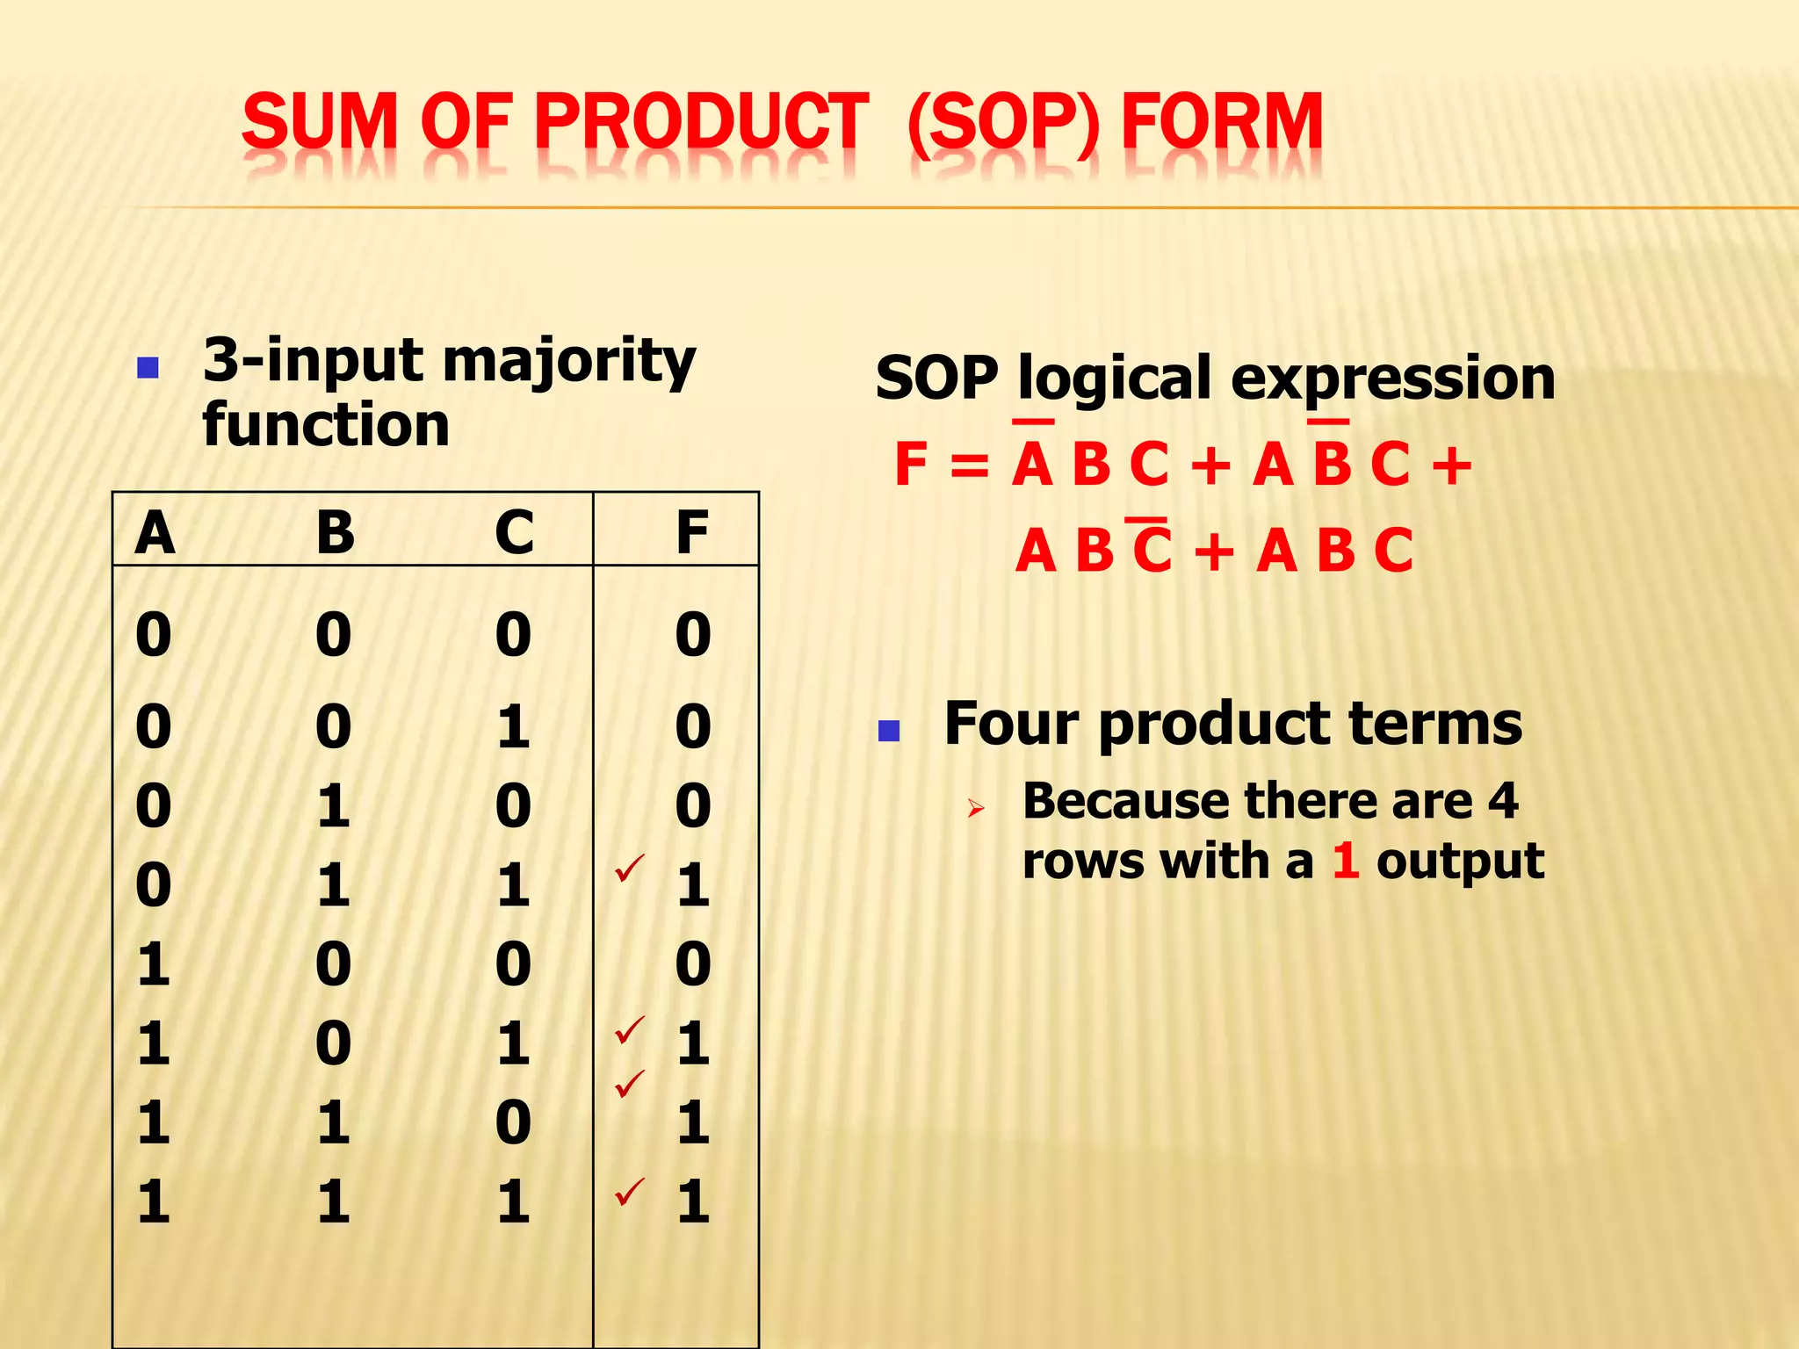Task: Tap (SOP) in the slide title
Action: (x=1003, y=123)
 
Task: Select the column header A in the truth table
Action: (x=155, y=532)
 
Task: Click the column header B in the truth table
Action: (x=335, y=532)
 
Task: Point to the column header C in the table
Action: (x=514, y=532)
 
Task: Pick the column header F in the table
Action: (x=692, y=532)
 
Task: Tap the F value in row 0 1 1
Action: (x=692, y=884)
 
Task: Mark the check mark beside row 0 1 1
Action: (x=630, y=867)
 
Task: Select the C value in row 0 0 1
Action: (x=513, y=727)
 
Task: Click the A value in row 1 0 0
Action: (x=154, y=964)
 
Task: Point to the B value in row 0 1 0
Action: (x=334, y=806)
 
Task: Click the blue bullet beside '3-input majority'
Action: (x=148, y=367)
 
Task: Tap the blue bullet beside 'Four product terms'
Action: (x=889, y=731)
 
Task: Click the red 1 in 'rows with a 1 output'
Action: (x=1345, y=861)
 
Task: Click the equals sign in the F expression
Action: (x=969, y=465)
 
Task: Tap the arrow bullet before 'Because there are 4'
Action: (x=975, y=808)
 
